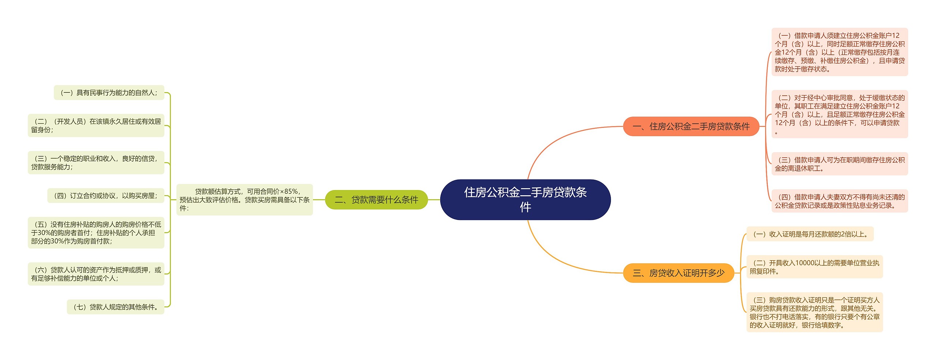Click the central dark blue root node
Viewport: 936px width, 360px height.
click(525, 200)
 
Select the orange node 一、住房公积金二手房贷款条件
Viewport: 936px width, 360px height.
click(691, 126)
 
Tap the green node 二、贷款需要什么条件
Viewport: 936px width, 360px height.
click(376, 200)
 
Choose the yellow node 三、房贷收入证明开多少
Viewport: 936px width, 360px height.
click(678, 273)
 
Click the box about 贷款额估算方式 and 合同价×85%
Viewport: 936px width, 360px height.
click(244, 200)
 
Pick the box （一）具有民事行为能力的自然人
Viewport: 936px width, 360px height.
click(109, 93)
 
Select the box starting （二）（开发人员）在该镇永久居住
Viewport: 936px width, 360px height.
click(96, 125)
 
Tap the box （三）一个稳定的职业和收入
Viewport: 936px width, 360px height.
click(96, 163)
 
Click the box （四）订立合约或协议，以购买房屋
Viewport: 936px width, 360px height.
click(106, 196)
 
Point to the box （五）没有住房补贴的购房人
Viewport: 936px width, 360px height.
click(96, 233)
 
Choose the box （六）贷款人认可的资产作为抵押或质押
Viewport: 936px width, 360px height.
click(96, 274)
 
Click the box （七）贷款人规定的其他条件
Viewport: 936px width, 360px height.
click(116, 307)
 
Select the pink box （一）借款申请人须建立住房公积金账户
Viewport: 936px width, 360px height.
click(839, 52)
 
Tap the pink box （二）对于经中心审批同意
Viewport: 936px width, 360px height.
click(839, 114)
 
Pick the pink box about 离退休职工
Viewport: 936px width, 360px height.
click(839, 164)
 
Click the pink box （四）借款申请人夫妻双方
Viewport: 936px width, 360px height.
click(839, 201)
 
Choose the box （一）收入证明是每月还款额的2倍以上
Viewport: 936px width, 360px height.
click(810, 234)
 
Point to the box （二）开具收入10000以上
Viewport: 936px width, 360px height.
click(814, 267)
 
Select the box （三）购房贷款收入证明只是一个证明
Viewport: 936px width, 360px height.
click(814, 312)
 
